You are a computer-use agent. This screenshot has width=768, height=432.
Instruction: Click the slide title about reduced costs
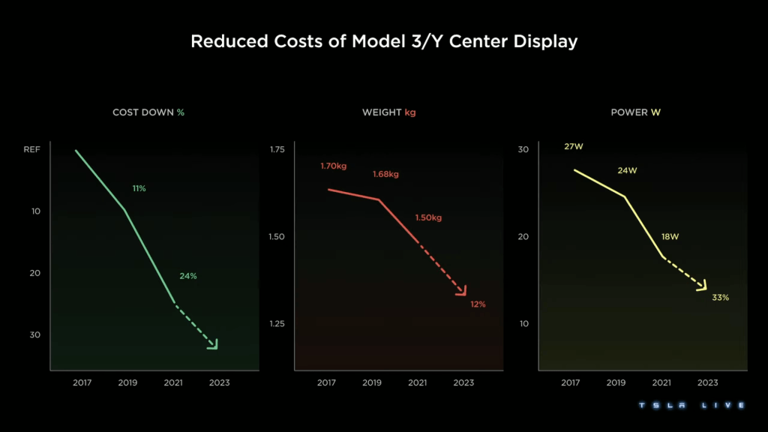(x=384, y=41)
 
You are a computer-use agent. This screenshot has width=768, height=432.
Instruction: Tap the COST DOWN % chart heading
(x=148, y=112)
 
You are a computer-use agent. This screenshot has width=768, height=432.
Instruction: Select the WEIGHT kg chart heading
(x=388, y=112)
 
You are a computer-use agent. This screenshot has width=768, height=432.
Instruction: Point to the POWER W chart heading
(x=636, y=112)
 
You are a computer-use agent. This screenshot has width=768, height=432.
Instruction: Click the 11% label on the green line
(x=139, y=188)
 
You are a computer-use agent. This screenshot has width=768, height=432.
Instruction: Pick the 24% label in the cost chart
(x=187, y=276)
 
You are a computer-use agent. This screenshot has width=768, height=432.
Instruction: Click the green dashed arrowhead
(x=213, y=344)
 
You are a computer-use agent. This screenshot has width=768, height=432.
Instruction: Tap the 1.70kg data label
(x=334, y=166)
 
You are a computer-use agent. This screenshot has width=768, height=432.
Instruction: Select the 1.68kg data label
(x=385, y=175)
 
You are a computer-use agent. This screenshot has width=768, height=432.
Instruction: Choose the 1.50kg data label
(x=428, y=218)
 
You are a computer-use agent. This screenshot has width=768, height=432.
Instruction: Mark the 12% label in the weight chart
(x=478, y=304)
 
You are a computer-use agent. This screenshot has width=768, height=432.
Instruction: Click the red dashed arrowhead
(x=463, y=291)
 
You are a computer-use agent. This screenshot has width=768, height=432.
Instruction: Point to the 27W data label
(x=573, y=147)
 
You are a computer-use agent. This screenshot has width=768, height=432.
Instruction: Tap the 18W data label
(x=670, y=237)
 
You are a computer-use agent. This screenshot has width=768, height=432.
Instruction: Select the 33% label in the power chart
(x=720, y=298)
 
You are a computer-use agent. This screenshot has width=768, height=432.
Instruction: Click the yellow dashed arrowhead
(x=703, y=286)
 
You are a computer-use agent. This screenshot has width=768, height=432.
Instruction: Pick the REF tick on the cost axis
(x=31, y=150)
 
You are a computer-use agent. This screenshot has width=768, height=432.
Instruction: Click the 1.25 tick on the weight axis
(x=277, y=324)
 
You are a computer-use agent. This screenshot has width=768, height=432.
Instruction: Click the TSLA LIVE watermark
(x=691, y=406)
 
